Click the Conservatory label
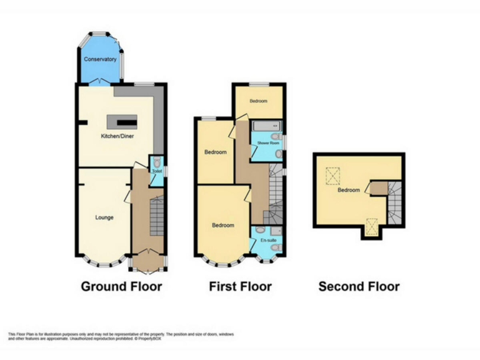coord(101,59)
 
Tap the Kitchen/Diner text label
coord(118,136)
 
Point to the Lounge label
coord(104,217)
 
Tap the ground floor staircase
coord(157,219)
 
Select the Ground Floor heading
coord(121,287)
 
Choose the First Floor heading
coord(240,287)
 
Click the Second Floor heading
coord(359,287)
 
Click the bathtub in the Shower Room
coord(266,129)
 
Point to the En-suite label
coord(267,240)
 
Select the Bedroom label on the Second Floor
coord(349,190)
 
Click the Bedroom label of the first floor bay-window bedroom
coord(222,225)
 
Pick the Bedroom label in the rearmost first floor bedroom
coord(259,101)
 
